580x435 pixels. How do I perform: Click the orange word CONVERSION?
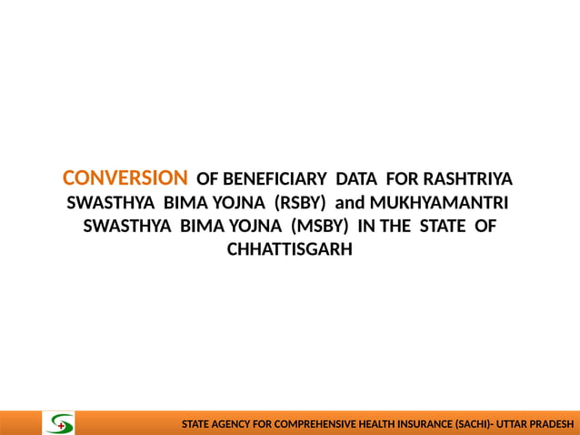pos(125,177)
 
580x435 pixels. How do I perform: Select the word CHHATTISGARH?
pos(289,249)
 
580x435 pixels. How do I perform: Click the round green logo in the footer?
pos(61,423)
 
